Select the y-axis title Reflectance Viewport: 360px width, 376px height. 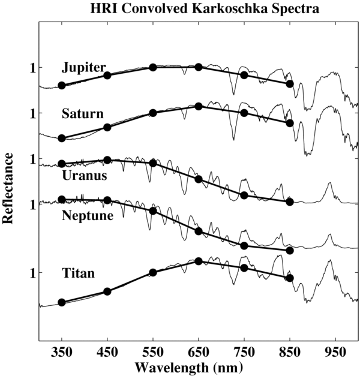click(x=8, y=188)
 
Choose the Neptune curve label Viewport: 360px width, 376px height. click(x=88, y=215)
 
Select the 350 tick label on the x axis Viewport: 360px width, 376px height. click(x=62, y=350)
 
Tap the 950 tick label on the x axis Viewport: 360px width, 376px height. click(x=335, y=350)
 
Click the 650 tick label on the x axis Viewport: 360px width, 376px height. click(x=199, y=350)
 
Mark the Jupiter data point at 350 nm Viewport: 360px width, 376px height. click(x=62, y=85)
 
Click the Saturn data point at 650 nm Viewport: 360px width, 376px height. click(x=199, y=106)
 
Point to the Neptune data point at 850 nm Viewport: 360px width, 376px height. click(x=290, y=250)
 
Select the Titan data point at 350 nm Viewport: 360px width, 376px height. click(x=62, y=302)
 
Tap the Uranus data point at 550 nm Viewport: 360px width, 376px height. click(x=153, y=163)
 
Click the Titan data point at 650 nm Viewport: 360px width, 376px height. click(x=199, y=261)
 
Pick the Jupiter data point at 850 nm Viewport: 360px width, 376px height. click(x=290, y=84)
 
